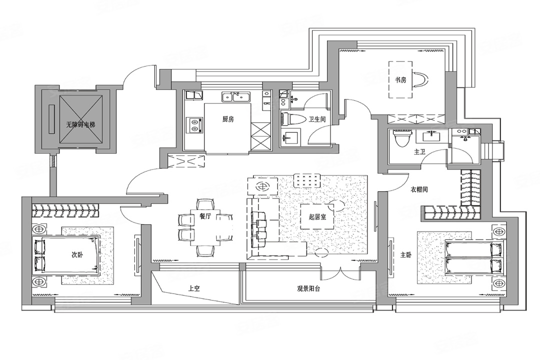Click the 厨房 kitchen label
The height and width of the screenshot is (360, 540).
click(x=228, y=119)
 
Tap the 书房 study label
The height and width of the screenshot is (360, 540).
click(x=400, y=80)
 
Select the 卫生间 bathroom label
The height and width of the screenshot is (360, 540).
click(x=317, y=119)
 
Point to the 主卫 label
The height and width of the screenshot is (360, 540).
click(x=420, y=151)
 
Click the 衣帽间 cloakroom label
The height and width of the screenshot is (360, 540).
click(x=419, y=189)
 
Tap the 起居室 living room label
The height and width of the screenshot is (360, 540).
click(x=317, y=216)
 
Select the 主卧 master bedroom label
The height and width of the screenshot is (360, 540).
click(x=406, y=255)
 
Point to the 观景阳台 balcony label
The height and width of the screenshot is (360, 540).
click(x=308, y=288)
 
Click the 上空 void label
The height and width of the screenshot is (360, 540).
click(x=194, y=288)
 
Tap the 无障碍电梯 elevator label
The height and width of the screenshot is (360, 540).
click(x=80, y=124)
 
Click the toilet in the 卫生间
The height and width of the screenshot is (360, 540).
click(x=293, y=119)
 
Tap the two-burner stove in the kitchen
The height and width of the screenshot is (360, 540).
click(x=194, y=125)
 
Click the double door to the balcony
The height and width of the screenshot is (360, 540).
click(x=340, y=272)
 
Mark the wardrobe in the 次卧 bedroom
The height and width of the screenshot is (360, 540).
click(x=65, y=210)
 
